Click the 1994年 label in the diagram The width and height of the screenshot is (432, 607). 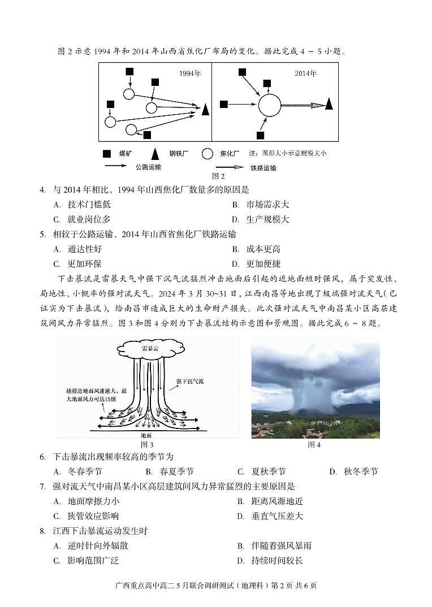click(190, 73)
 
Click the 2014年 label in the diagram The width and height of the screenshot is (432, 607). click(305, 73)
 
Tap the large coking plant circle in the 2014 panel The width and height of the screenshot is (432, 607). click(270, 105)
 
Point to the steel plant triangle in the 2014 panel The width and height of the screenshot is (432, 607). click(329, 104)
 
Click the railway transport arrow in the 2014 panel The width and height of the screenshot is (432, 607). click(303, 105)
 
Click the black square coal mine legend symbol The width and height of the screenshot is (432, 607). click(107, 153)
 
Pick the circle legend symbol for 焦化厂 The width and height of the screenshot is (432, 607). click(208, 153)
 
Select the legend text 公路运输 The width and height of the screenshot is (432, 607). click(148, 167)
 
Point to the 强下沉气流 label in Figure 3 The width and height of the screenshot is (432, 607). click(190, 381)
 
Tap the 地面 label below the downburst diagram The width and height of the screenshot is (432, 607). click(146, 435)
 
